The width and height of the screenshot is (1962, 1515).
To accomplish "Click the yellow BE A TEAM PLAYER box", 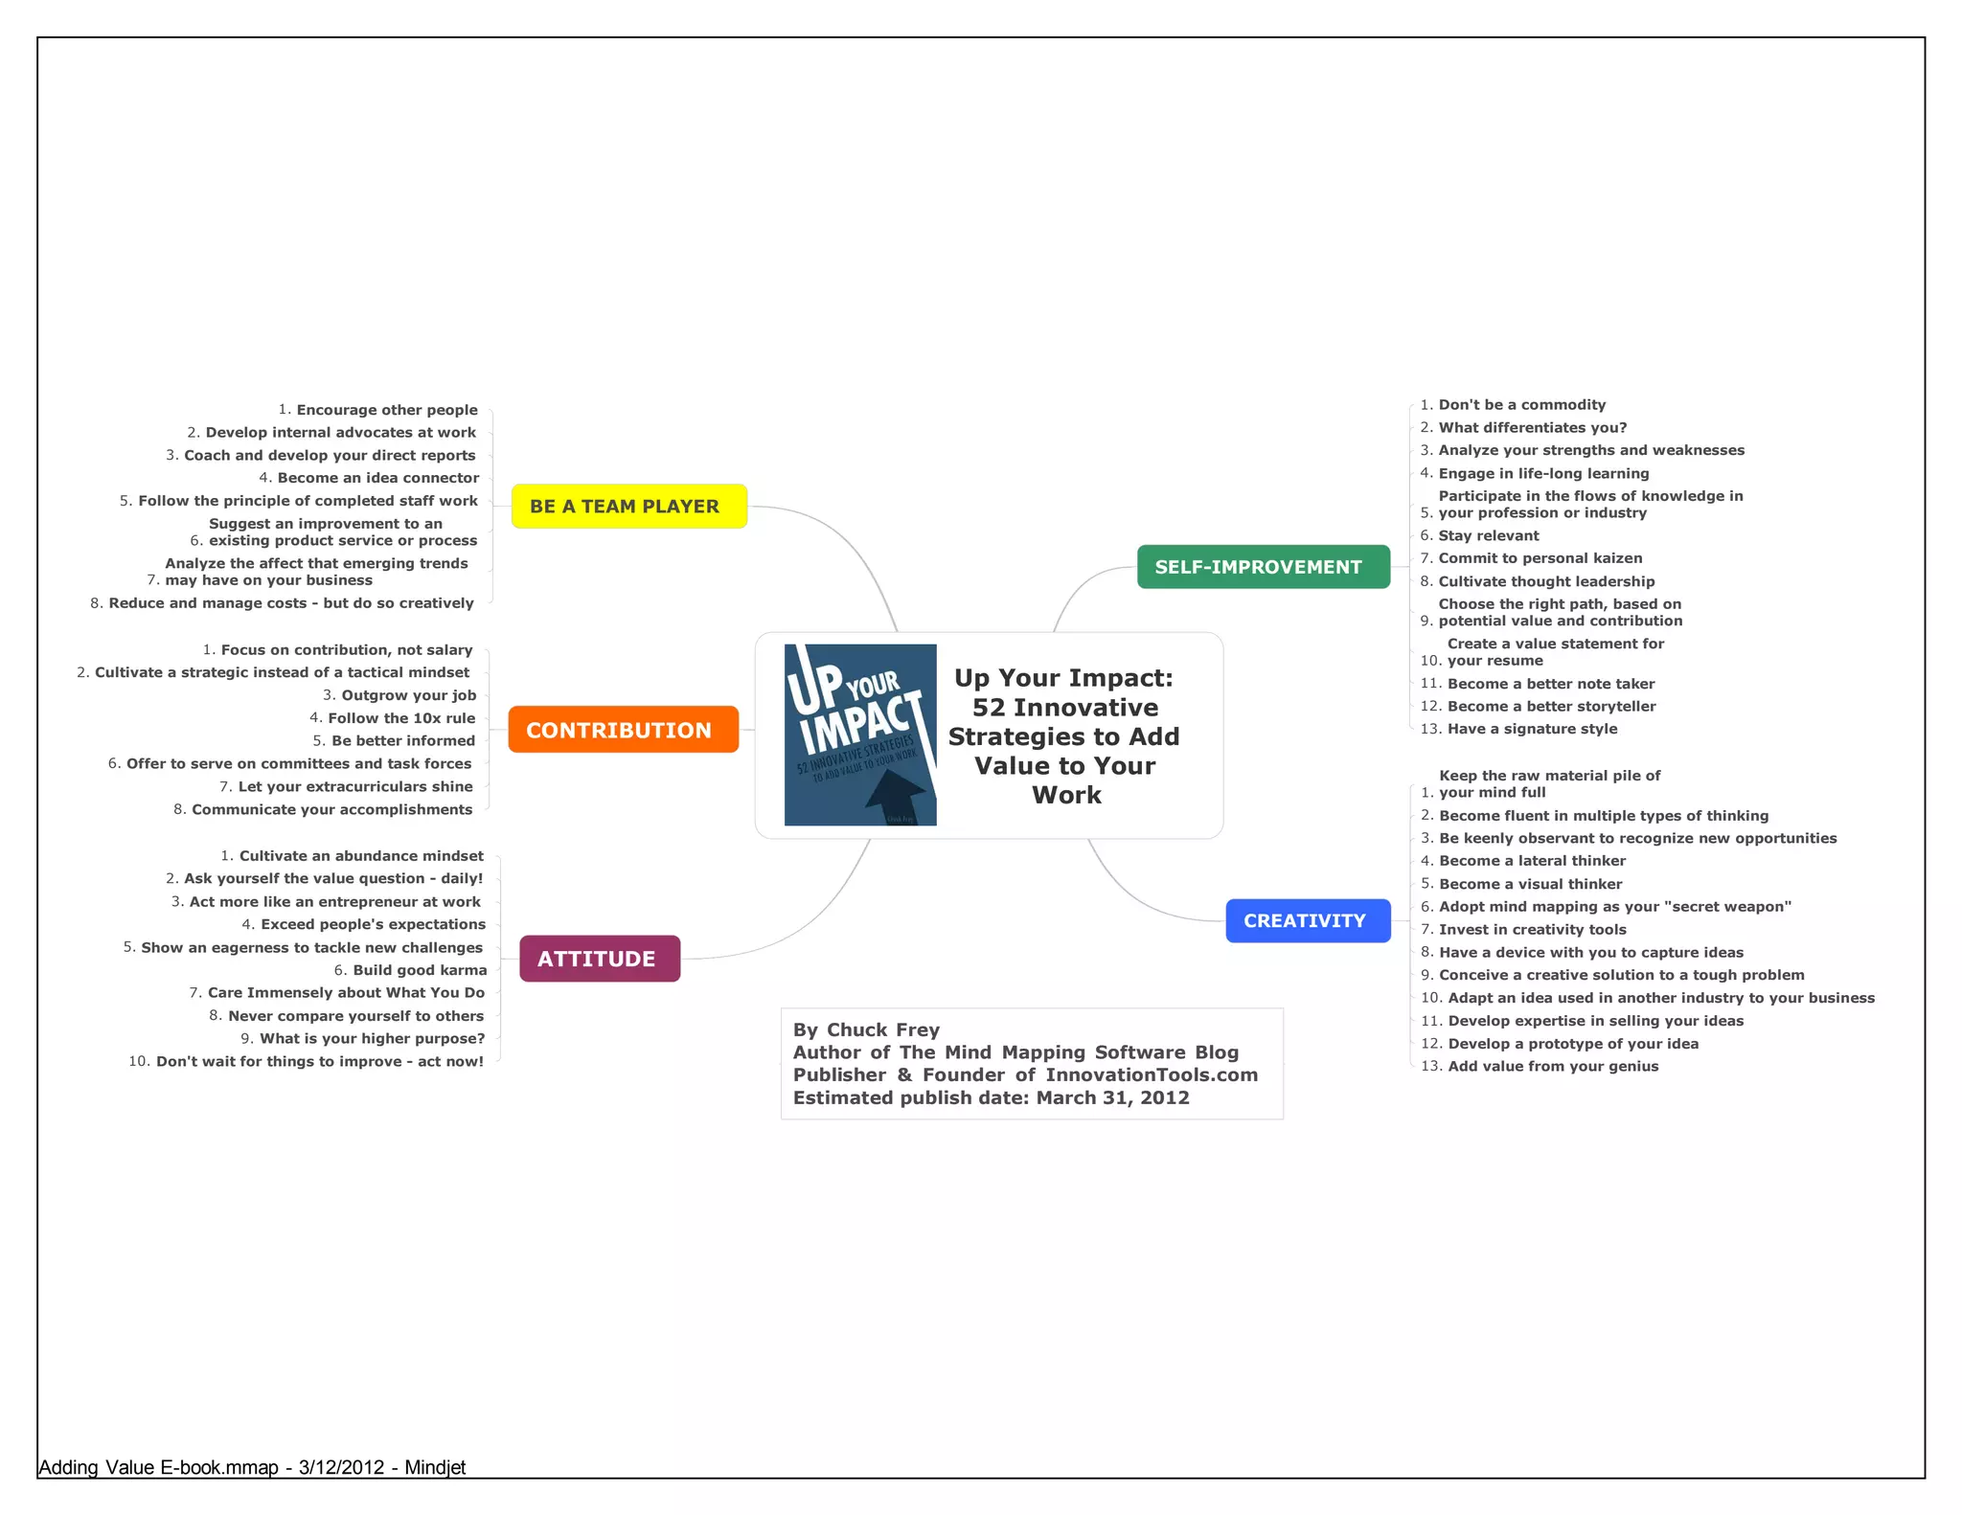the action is click(628, 507).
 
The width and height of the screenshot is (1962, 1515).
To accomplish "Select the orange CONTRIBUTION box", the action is click(623, 730).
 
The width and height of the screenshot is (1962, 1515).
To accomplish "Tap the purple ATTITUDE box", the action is click(600, 959).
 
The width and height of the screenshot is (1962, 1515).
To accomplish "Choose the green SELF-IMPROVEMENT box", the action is click(1263, 567).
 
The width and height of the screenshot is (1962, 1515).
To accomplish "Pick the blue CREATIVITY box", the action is click(1308, 921).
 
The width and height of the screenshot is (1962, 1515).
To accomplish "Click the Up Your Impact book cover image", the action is click(860, 735).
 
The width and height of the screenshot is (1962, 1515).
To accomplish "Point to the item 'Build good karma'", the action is click(420, 970).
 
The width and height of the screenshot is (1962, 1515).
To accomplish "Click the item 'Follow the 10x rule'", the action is click(401, 718).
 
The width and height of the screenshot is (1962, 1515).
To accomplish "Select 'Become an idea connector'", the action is click(377, 478).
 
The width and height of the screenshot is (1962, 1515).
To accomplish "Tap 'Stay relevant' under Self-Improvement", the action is click(1488, 536).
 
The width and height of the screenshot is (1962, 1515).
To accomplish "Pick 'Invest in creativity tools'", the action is click(1532, 930).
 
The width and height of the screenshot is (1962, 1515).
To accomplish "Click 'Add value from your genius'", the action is click(1552, 1067).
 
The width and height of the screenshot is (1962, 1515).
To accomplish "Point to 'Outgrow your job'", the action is click(408, 695).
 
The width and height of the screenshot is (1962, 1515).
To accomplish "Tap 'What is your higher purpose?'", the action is click(372, 1039).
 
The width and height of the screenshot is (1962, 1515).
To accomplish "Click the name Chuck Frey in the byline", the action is click(882, 1030).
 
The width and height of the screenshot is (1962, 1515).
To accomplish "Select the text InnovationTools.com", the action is click(1152, 1075).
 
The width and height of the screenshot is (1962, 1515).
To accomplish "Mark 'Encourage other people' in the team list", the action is click(386, 410).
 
